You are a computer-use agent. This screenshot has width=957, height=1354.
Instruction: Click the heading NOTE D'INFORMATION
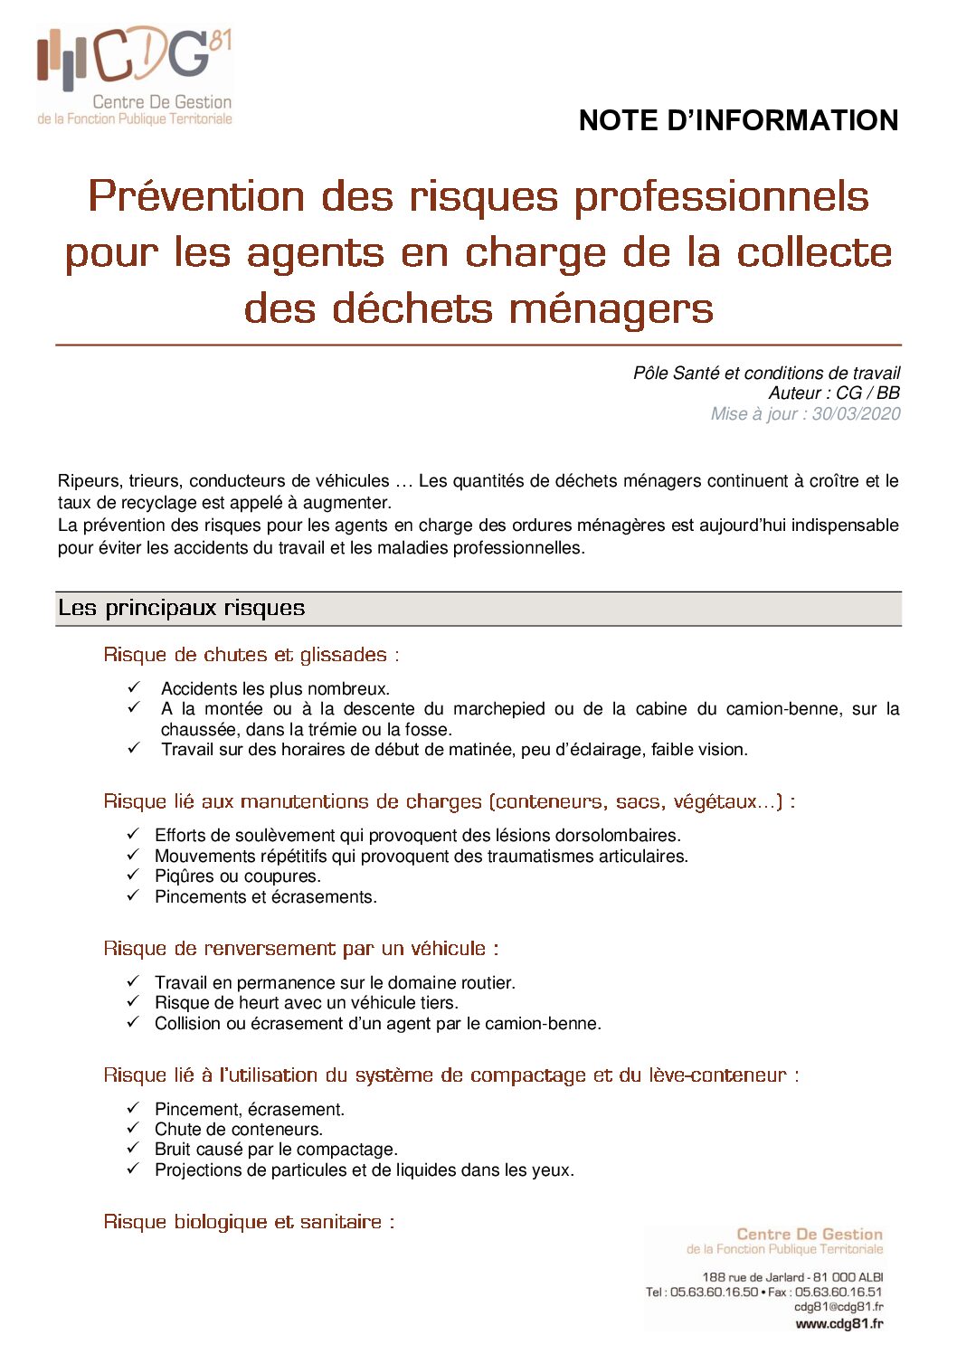pos(738,120)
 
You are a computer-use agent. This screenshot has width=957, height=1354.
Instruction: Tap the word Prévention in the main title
pos(196,196)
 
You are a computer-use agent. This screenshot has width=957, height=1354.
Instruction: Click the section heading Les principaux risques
pos(181,608)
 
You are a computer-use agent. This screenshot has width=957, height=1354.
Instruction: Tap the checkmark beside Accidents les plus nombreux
pos(134,687)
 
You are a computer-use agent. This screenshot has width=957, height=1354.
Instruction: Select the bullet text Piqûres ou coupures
pos(237,876)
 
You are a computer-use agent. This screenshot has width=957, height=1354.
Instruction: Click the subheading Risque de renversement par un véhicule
pos(300,949)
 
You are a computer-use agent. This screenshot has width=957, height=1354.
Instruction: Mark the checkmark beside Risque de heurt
pos(134,1002)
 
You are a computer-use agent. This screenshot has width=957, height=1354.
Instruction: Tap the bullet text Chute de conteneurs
pos(238,1130)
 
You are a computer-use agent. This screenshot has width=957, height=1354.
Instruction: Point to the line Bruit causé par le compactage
pos(276,1150)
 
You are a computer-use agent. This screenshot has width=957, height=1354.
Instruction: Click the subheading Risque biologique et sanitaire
pos(248,1222)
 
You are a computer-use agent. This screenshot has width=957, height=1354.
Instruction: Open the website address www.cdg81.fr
pos(839,1323)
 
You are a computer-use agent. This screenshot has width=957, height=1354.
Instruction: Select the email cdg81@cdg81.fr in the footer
pos(839,1307)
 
